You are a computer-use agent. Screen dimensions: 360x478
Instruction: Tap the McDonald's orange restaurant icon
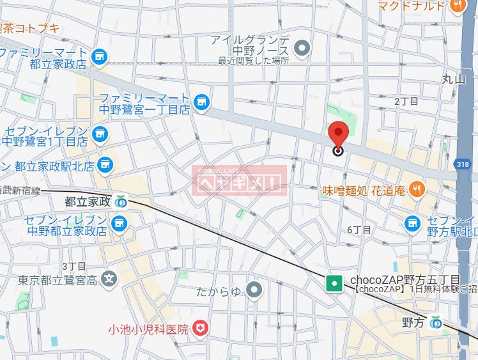pyautogui.click(x=457, y=6)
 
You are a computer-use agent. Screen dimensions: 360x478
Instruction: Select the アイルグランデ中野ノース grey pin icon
pyautogui.click(x=302, y=47)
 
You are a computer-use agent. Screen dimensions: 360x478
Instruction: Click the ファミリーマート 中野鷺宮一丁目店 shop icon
pyautogui.click(x=202, y=102)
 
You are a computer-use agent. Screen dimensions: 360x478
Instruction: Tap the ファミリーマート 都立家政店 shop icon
pyautogui.click(x=99, y=58)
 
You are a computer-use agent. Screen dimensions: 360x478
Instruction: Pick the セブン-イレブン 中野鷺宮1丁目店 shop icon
pyautogui.click(x=100, y=134)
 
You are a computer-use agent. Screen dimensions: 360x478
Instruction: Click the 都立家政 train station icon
pyautogui.click(x=121, y=202)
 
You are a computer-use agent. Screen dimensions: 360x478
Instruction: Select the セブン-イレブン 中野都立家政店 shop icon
pyautogui.click(x=118, y=223)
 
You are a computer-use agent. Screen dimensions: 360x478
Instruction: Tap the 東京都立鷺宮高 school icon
pyautogui.click(x=110, y=279)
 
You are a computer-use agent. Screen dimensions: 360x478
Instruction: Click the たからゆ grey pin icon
pyautogui.click(x=254, y=291)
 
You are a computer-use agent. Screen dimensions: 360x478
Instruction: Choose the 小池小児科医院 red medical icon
pyautogui.click(x=202, y=329)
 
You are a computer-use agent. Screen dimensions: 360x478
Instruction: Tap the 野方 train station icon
pyautogui.click(x=436, y=322)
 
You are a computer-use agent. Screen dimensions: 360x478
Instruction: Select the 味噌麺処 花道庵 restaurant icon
pyautogui.click(x=417, y=189)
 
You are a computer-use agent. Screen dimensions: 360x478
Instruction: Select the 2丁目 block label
pyautogui.click(x=406, y=101)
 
